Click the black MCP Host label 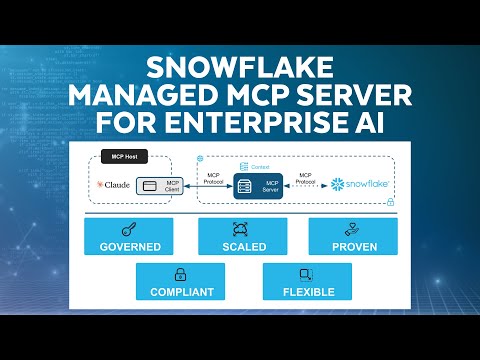124,160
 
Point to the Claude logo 113,185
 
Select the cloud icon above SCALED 241,229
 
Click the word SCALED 241,246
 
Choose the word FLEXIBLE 307,293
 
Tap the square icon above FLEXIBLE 307,275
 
